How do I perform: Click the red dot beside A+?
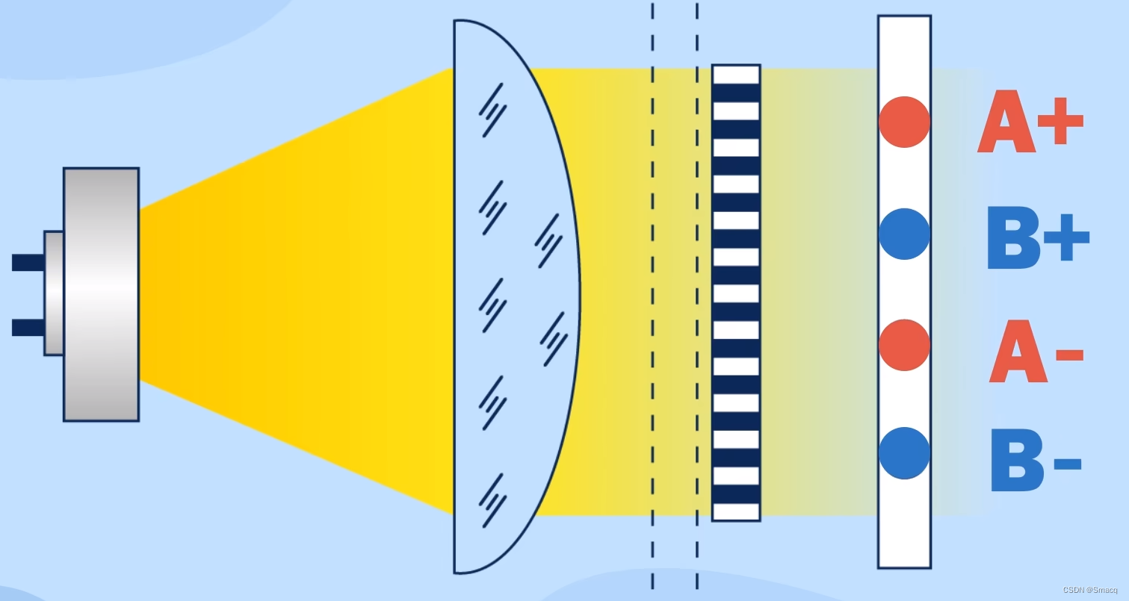[904, 122]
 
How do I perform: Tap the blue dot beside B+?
[904, 234]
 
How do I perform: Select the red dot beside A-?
[904, 345]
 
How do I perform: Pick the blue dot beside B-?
[904, 453]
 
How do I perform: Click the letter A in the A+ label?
[1006, 123]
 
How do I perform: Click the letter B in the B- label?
[1017, 461]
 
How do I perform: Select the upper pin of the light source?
[28, 262]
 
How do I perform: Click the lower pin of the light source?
[28, 327]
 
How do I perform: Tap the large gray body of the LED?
[101, 294]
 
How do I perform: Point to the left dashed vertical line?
[652, 299]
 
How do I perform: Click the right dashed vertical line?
[697, 299]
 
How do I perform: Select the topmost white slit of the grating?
[736, 75]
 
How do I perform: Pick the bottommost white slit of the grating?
[736, 511]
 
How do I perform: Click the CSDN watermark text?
[1089, 590]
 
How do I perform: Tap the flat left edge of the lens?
[454, 299]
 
